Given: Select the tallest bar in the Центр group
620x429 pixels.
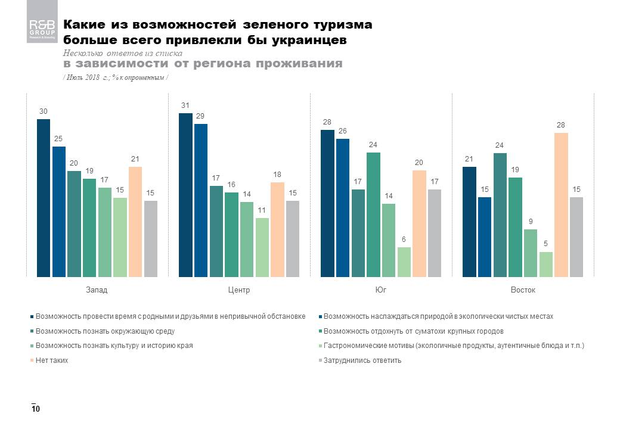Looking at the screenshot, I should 185,195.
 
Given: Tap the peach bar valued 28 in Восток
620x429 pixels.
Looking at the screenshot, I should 561,204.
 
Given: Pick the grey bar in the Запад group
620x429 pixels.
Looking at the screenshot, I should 151,238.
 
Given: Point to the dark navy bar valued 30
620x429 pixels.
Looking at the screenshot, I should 44,198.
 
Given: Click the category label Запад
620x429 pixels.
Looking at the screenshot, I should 97,290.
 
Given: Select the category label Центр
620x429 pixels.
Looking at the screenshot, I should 238,290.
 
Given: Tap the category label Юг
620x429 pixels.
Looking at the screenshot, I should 380,290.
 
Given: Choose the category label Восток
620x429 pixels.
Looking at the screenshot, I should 523,290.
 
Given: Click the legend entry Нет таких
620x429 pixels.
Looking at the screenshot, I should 51,360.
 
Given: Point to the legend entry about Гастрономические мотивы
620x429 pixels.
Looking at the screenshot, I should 453,346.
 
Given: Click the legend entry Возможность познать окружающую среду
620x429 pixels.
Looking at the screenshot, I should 105,331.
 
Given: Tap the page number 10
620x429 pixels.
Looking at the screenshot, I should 36,409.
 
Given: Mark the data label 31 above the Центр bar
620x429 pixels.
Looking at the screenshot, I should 185,105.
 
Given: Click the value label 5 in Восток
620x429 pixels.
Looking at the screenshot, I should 546,244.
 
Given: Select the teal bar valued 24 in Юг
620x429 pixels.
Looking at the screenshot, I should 373,214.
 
